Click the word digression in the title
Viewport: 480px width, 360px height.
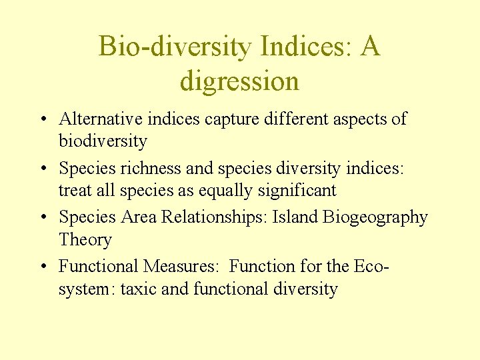(x=239, y=82)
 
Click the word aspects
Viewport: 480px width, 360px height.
(x=363, y=119)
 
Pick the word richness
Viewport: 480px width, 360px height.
(x=143, y=168)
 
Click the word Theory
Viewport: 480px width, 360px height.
(x=85, y=240)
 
